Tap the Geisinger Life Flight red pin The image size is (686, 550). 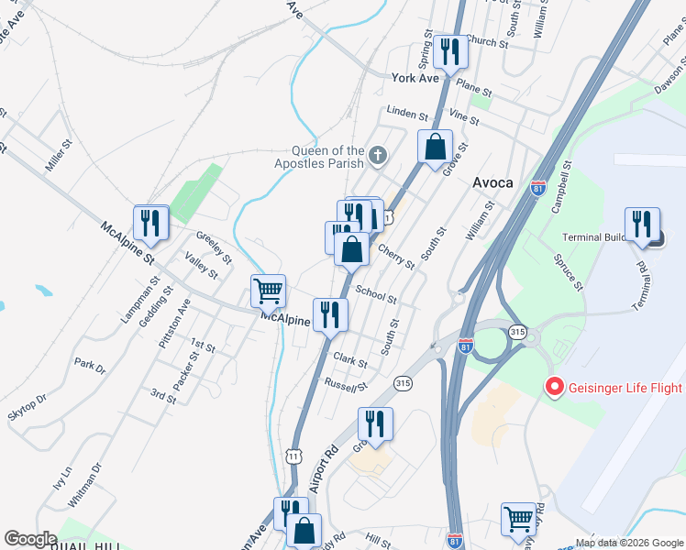pyautogui.click(x=553, y=387)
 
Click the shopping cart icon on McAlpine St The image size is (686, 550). pyautogui.click(x=268, y=291)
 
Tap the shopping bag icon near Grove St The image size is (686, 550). pyautogui.click(x=435, y=147)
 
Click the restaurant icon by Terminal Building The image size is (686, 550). pyautogui.click(x=642, y=224)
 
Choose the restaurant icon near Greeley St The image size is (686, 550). pyautogui.click(x=150, y=222)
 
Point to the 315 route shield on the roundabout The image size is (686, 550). pyautogui.click(x=518, y=333)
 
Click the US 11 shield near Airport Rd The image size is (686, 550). pyautogui.click(x=293, y=455)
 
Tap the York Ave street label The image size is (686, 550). pyautogui.click(x=415, y=79)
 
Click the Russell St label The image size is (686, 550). pyautogui.click(x=345, y=383)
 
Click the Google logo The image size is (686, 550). pyautogui.click(x=30, y=538)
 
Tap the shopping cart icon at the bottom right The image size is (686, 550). pyautogui.click(x=518, y=519)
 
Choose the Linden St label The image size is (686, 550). pyautogui.click(x=407, y=114)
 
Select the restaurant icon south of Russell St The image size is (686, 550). pyautogui.click(x=375, y=423)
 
